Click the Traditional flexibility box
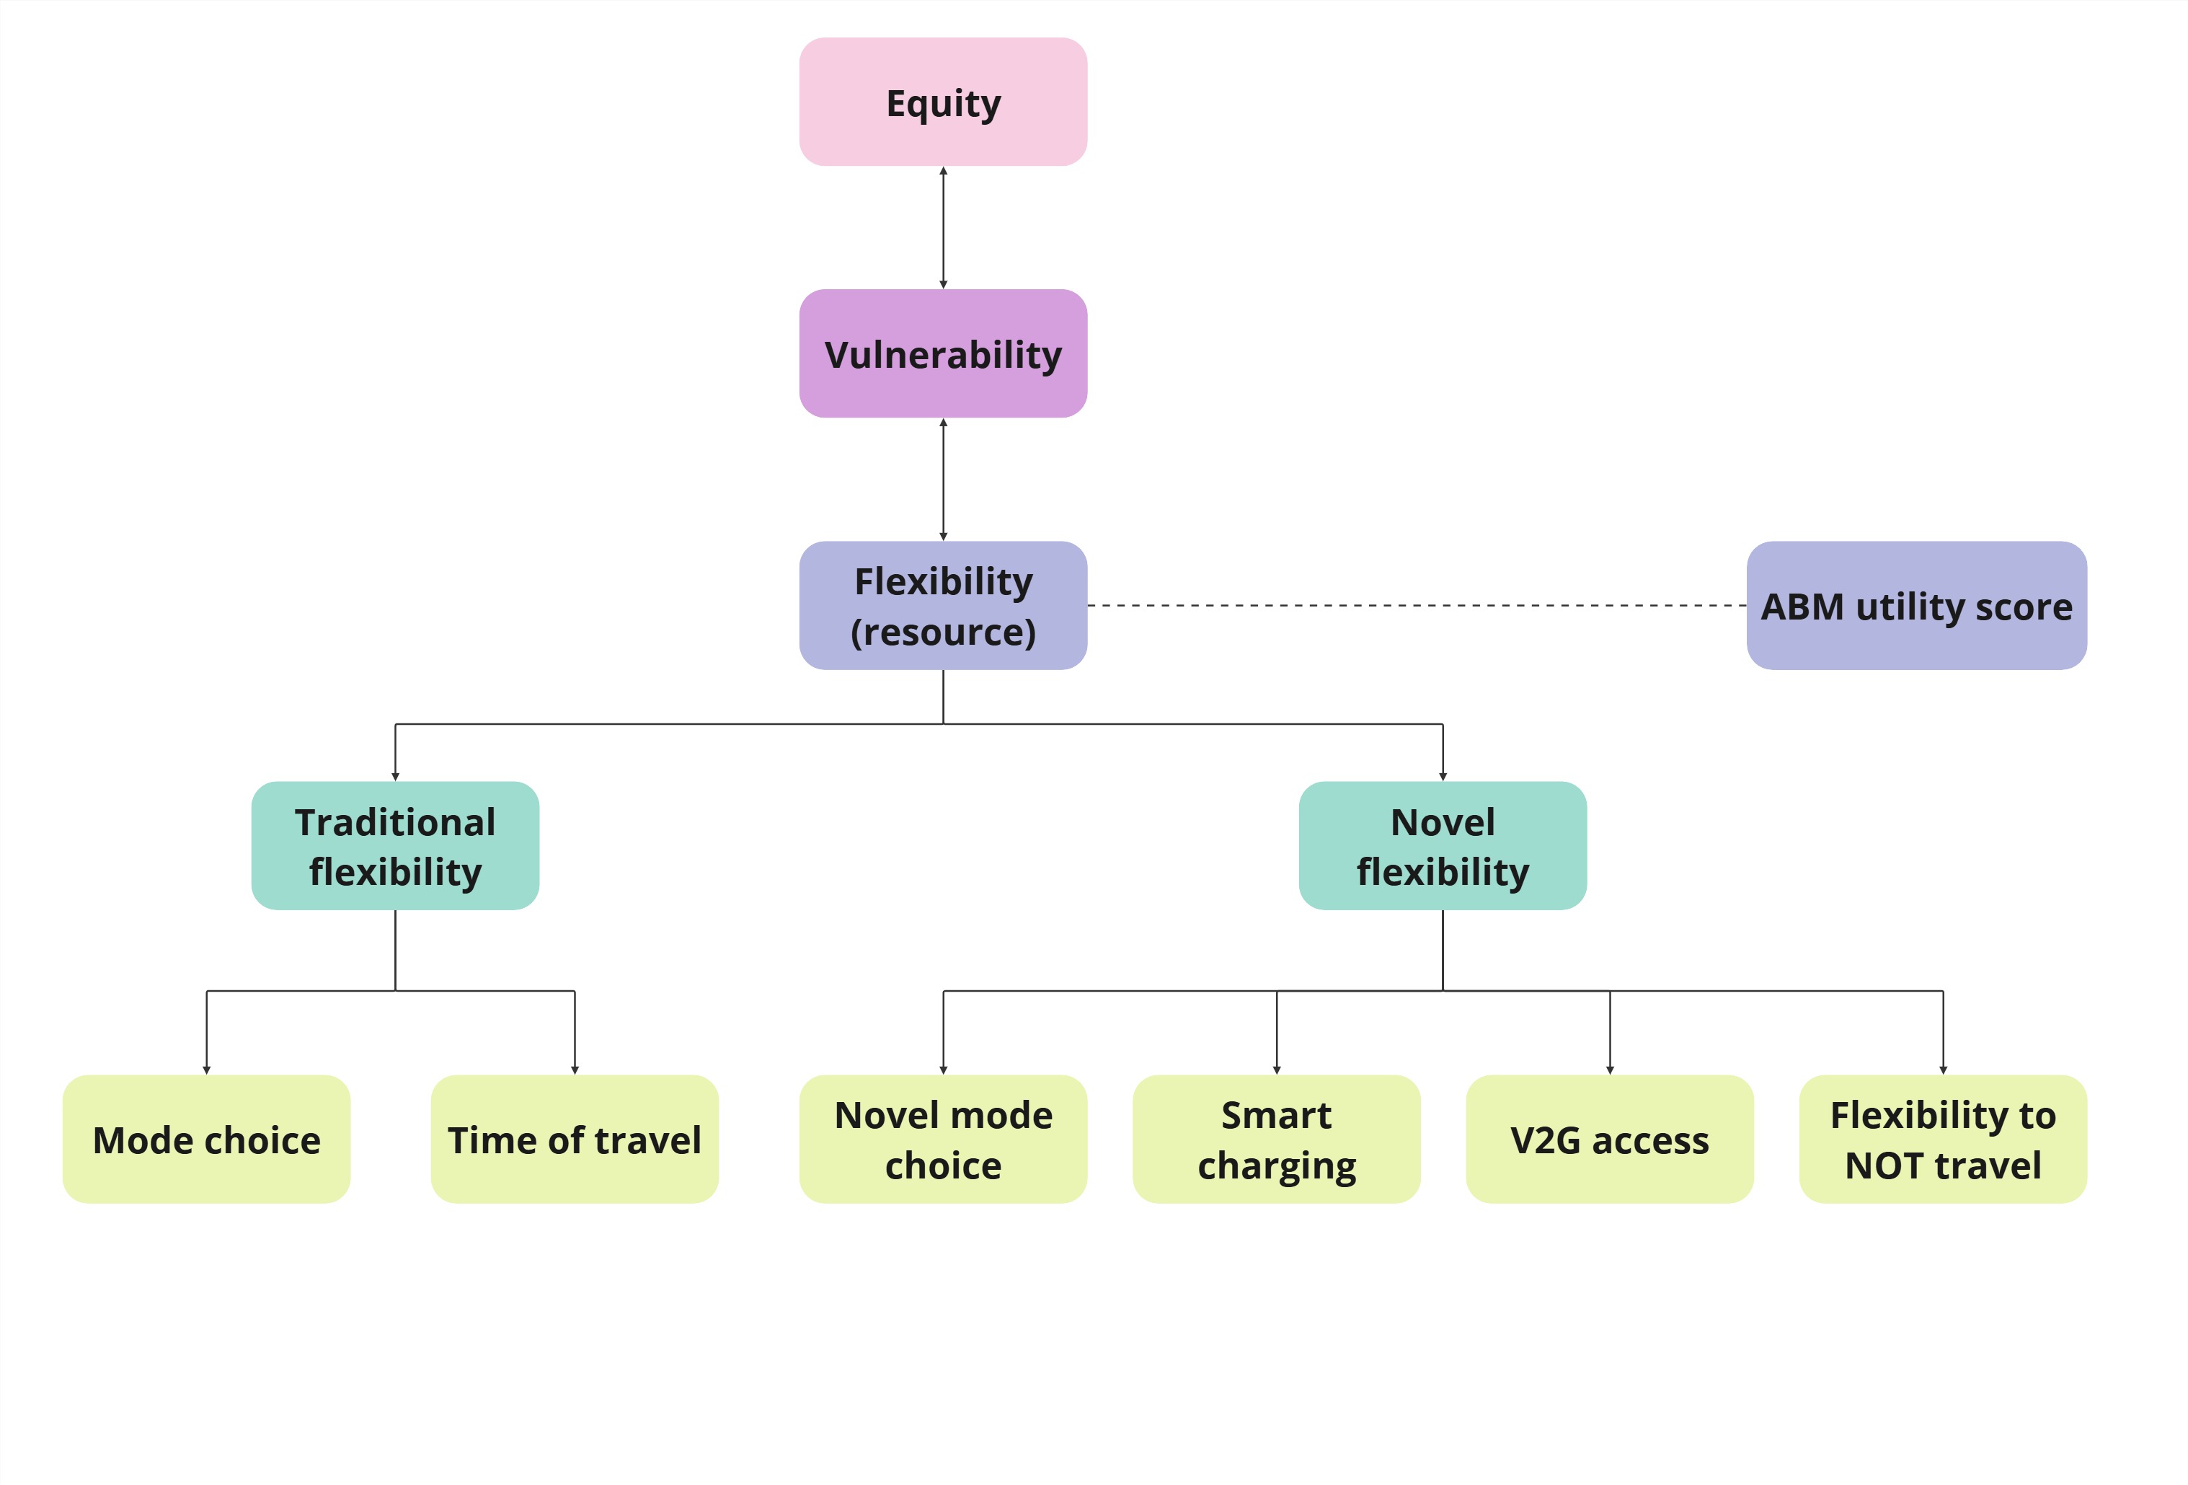click(x=394, y=845)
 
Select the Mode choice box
click(x=206, y=1139)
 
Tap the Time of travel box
click(x=575, y=1139)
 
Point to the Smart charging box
click(x=1276, y=1139)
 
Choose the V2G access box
click(x=1609, y=1139)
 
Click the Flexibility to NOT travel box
click(x=1942, y=1139)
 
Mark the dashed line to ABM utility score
click(x=1412, y=606)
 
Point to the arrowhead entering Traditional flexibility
click(x=394, y=776)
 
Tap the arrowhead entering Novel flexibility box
click(x=1443, y=776)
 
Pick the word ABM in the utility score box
click(x=1802, y=607)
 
